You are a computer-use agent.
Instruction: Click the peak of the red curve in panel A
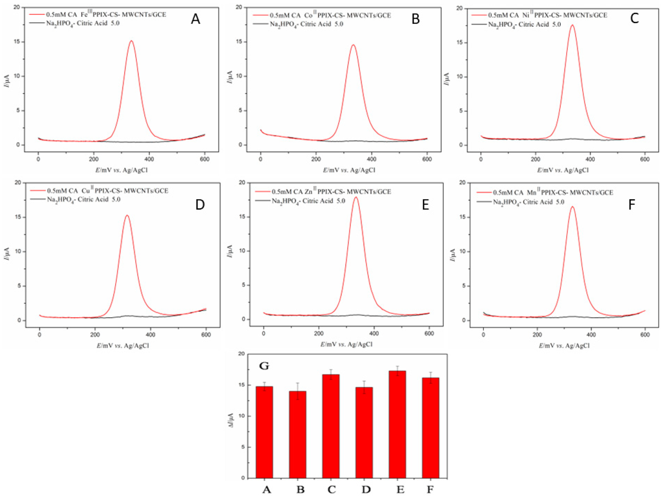(x=131, y=41)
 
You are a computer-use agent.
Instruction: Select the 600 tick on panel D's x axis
(x=206, y=335)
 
